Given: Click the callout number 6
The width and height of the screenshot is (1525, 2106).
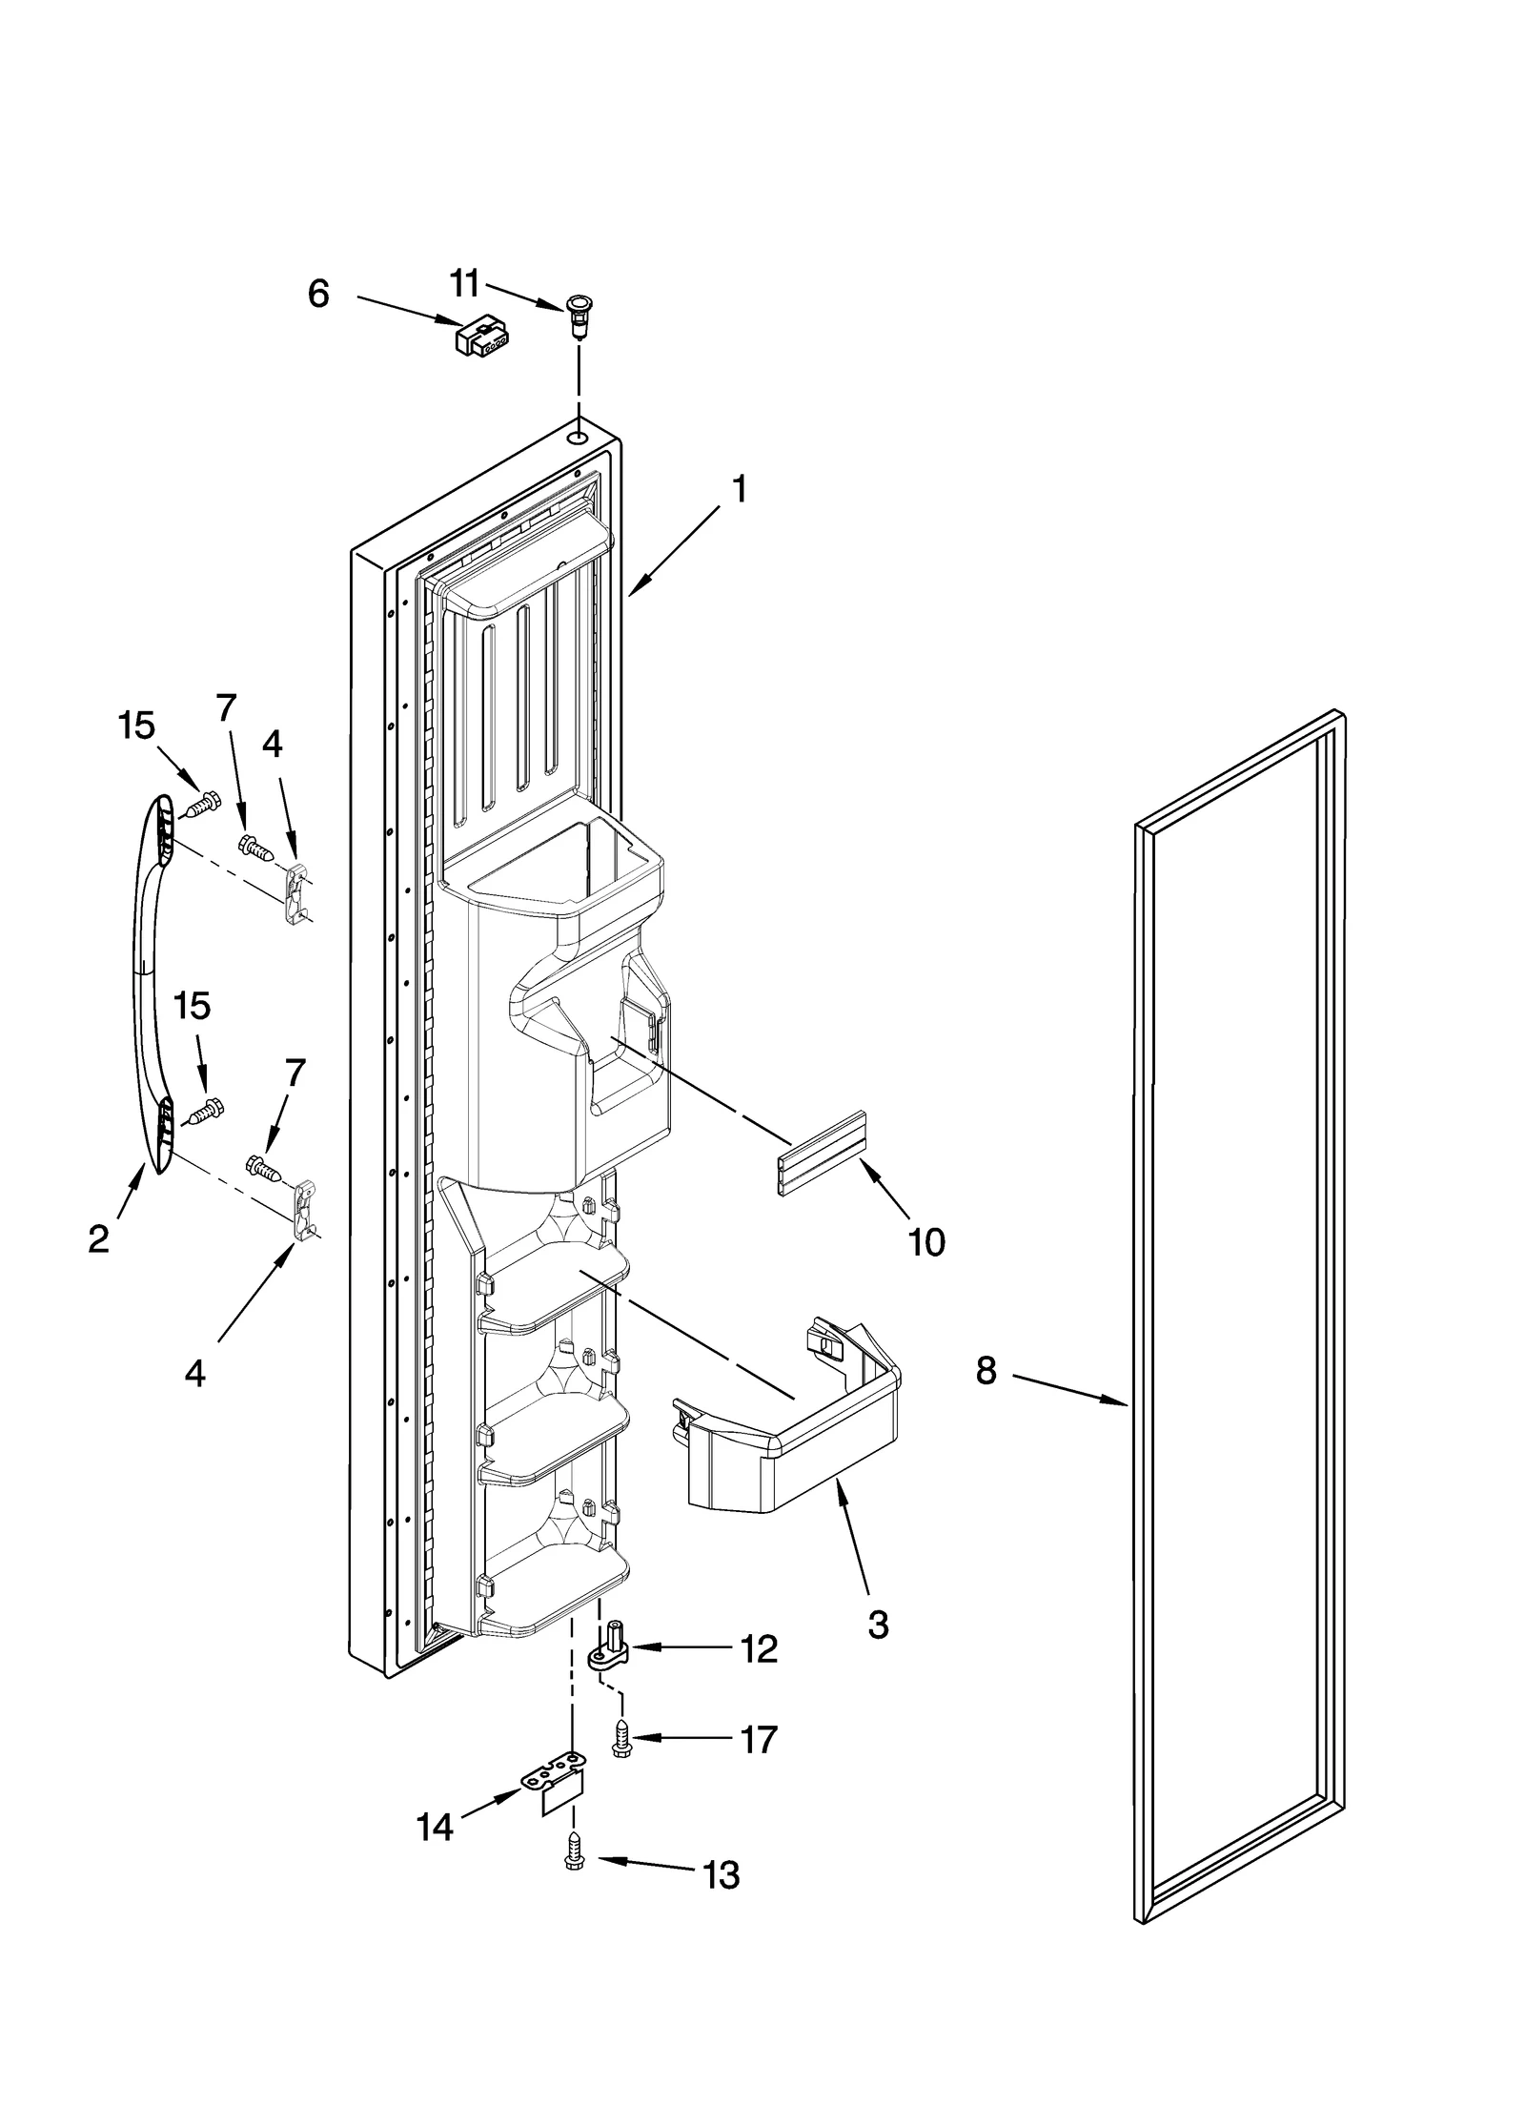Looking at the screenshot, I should (318, 294).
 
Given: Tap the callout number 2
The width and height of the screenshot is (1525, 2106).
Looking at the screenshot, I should (98, 1238).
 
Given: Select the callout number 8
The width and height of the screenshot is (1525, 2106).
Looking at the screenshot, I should (986, 1371).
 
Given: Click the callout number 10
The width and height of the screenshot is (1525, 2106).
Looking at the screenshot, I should (926, 1240).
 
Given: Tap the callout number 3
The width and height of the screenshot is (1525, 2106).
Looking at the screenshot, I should (878, 1625).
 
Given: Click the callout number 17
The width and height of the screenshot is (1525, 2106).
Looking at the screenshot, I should (759, 1740).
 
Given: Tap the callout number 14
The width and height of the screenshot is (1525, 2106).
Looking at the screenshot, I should (435, 1828).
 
